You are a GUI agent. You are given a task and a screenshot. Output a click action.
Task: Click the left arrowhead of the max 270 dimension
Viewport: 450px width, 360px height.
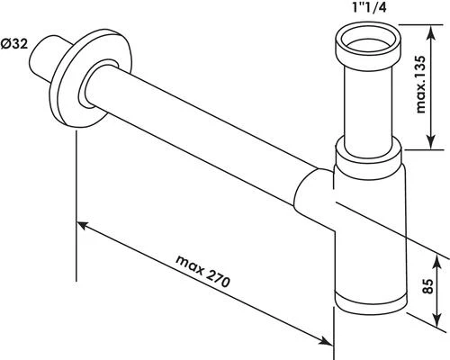(x=81, y=220)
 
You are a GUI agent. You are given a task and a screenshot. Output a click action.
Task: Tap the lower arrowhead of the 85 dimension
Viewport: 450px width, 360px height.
(x=441, y=322)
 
